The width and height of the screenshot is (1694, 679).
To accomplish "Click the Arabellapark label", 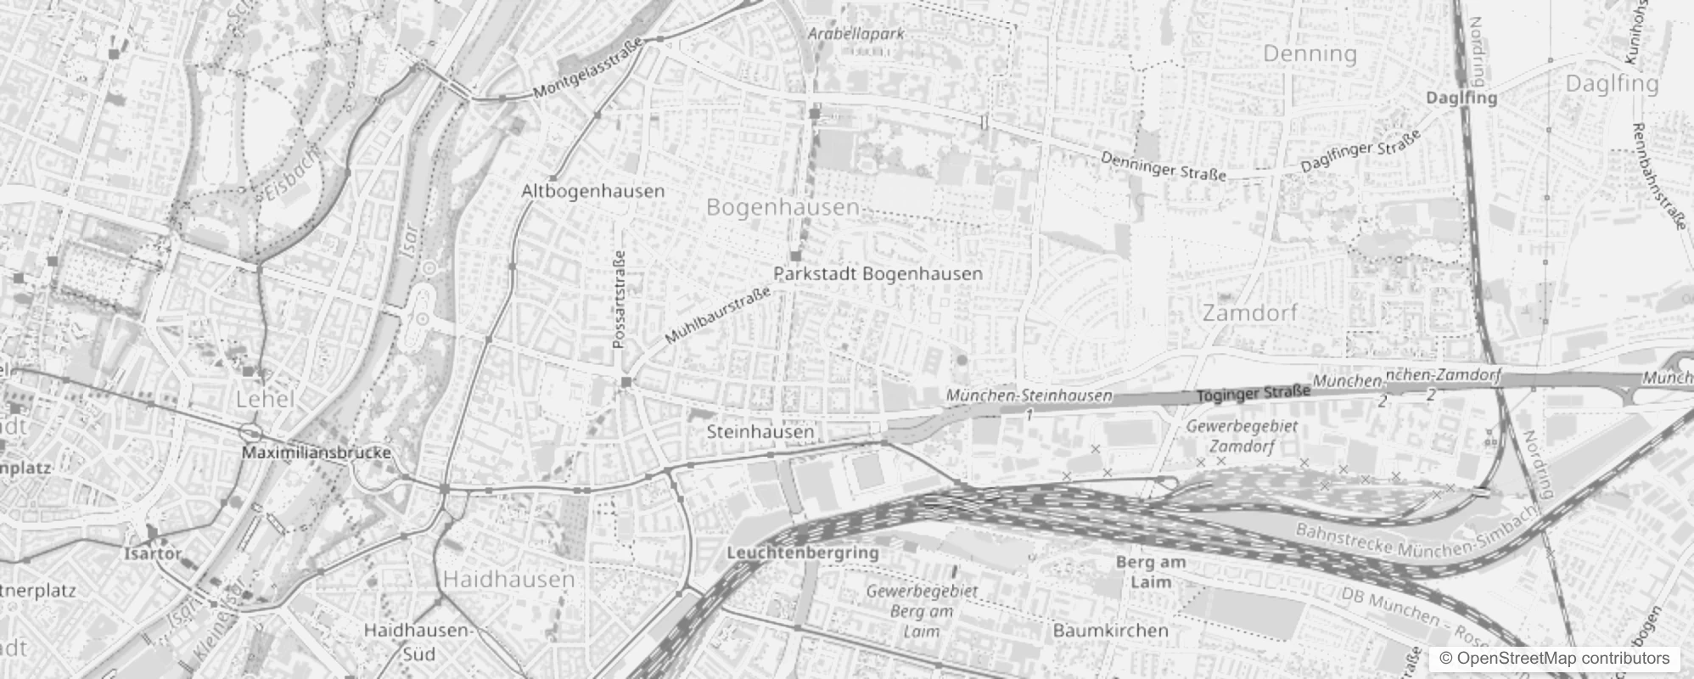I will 855,34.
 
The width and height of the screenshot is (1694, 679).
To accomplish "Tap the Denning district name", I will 1310,54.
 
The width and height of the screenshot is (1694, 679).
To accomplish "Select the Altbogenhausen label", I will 592,191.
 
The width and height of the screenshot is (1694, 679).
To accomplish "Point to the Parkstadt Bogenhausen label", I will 878,274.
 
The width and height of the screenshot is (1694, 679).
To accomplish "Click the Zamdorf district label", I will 1249,313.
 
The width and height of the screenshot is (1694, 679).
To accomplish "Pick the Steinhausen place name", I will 760,432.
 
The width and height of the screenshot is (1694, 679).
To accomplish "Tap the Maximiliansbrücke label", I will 317,452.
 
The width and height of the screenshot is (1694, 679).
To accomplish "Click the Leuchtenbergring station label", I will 803,553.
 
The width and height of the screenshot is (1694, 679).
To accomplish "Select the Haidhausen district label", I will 509,580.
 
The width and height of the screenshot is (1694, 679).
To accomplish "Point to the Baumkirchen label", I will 1110,631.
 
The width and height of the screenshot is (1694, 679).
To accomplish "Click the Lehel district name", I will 265,400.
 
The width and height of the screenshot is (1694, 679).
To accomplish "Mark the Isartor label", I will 153,553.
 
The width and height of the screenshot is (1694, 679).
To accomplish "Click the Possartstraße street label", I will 619,299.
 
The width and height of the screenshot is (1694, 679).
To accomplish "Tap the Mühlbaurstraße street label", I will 718,315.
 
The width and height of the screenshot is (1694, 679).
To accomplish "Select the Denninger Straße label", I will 1164,166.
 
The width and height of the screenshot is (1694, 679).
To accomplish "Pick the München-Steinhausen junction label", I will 1029,396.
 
